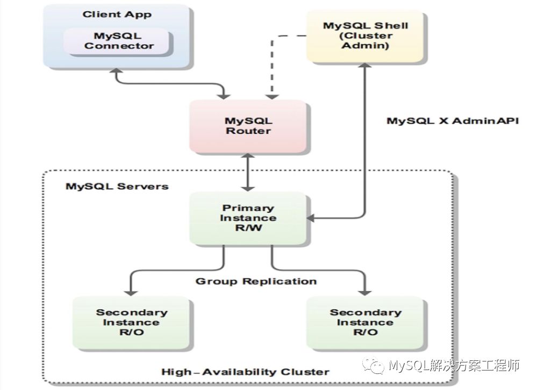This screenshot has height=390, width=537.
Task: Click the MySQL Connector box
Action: click(119, 41)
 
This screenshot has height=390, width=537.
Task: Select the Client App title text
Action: click(117, 14)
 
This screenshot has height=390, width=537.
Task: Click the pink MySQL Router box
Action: click(248, 126)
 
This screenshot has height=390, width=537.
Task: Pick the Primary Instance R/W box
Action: click(248, 218)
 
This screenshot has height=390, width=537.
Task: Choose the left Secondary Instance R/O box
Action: click(131, 322)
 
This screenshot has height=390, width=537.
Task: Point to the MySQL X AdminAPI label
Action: click(453, 120)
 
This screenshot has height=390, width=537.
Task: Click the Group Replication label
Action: click(255, 281)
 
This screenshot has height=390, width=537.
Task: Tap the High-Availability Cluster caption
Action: click(245, 372)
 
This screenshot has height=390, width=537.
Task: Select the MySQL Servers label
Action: click(117, 186)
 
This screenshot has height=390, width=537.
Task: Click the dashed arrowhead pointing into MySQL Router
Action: click(273, 95)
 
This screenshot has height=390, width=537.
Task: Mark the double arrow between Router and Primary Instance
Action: click(247, 172)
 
